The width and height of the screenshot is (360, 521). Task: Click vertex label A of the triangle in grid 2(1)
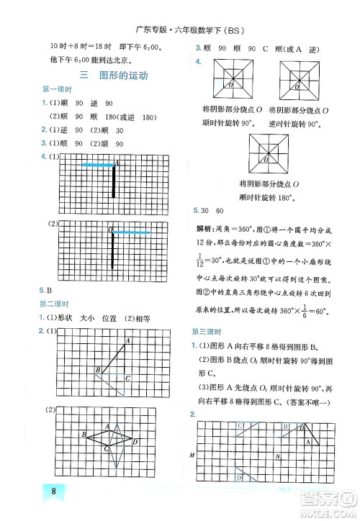(x=127, y=340)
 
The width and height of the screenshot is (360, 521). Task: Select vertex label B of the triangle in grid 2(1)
(x=97, y=370)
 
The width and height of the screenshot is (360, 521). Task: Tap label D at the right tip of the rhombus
(x=134, y=443)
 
